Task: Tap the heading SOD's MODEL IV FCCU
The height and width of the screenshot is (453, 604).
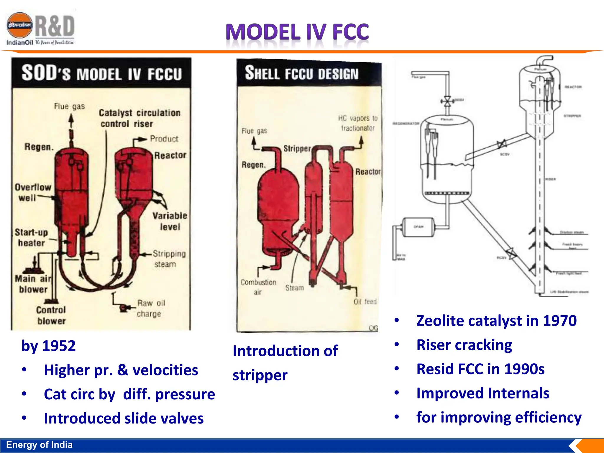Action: click(x=101, y=73)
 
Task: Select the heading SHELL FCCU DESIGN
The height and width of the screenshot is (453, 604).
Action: click(x=301, y=73)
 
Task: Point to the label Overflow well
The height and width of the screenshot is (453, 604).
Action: click(x=32, y=192)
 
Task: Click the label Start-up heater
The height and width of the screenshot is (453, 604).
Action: click(x=31, y=238)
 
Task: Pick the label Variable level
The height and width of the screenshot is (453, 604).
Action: click(x=170, y=221)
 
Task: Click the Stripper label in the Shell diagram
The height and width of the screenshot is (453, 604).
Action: click(x=297, y=148)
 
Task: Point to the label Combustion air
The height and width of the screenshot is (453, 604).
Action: click(x=258, y=287)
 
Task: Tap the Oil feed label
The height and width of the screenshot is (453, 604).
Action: click(x=365, y=302)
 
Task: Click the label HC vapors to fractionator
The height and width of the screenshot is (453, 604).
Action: click(x=357, y=123)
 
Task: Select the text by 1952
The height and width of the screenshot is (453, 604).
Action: click(x=49, y=346)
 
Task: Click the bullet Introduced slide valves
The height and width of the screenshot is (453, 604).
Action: click(x=124, y=418)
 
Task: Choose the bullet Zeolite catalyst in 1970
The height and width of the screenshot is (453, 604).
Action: click(x=496, y=321)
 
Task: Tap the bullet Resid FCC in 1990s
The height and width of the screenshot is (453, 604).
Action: click(x=480, y=369)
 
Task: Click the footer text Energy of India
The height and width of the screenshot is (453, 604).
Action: click(x=39, y=445)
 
